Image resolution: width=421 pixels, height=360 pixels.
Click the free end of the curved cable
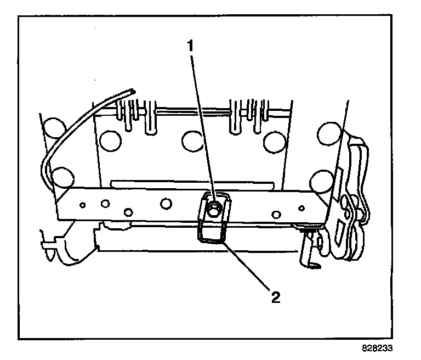pyautogui.click(x=132, y=91)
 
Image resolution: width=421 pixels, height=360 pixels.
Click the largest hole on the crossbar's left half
pyautogui.click(x=164, y=204)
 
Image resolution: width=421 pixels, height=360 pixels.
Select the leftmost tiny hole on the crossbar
pyautogui.click(x=82, y=205)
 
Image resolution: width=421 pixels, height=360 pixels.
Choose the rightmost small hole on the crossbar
pyautogui.click(x=301, y=207)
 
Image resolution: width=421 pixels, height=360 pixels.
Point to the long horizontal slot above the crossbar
pyautogui.click(x=192, y=183)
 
